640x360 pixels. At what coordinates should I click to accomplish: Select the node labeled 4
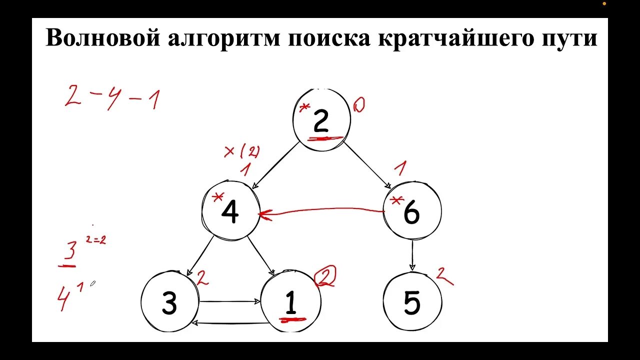point(230,212)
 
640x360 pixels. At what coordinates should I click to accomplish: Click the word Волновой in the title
point(100,38)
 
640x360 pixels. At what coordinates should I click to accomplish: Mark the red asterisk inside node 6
point(396,201)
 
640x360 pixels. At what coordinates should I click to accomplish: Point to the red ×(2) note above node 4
point(242,151)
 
